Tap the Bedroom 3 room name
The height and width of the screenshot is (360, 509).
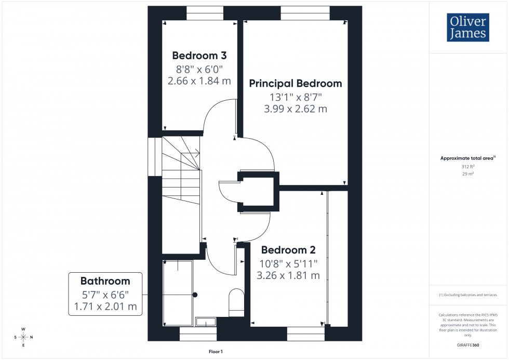[x=199, y=56]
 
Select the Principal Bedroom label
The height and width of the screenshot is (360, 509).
[x=296, y=83]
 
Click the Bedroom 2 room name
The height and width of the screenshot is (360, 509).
[x=288, y=250]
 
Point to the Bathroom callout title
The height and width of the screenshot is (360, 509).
[x=105, y=281]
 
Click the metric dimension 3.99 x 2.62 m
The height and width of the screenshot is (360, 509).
[x=296, y=109]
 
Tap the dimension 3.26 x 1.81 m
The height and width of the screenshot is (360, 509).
[x=288, y=275]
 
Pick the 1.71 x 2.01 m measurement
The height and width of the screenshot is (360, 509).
[x=105, y=306]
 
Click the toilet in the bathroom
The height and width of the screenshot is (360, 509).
[x=236, y=302]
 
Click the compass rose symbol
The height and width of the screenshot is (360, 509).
[x=23, y=337]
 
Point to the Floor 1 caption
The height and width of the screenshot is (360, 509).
[x=215, y=352]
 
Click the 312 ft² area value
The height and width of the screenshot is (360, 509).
[x=468, y=167]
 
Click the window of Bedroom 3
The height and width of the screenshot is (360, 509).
[x=205, y=13]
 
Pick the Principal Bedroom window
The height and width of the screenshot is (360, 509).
[x=305, y=13]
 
